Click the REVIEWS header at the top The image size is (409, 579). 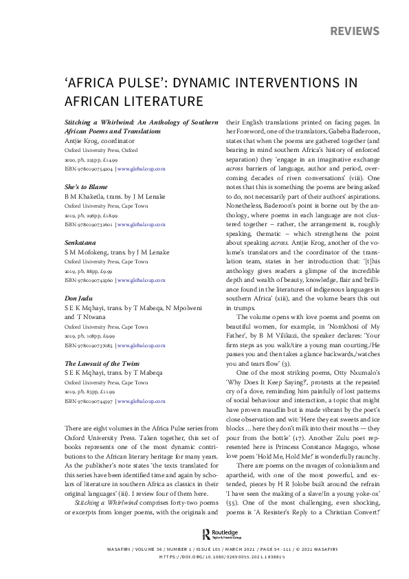[355, 32]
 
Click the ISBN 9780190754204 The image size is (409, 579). [88, 168]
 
